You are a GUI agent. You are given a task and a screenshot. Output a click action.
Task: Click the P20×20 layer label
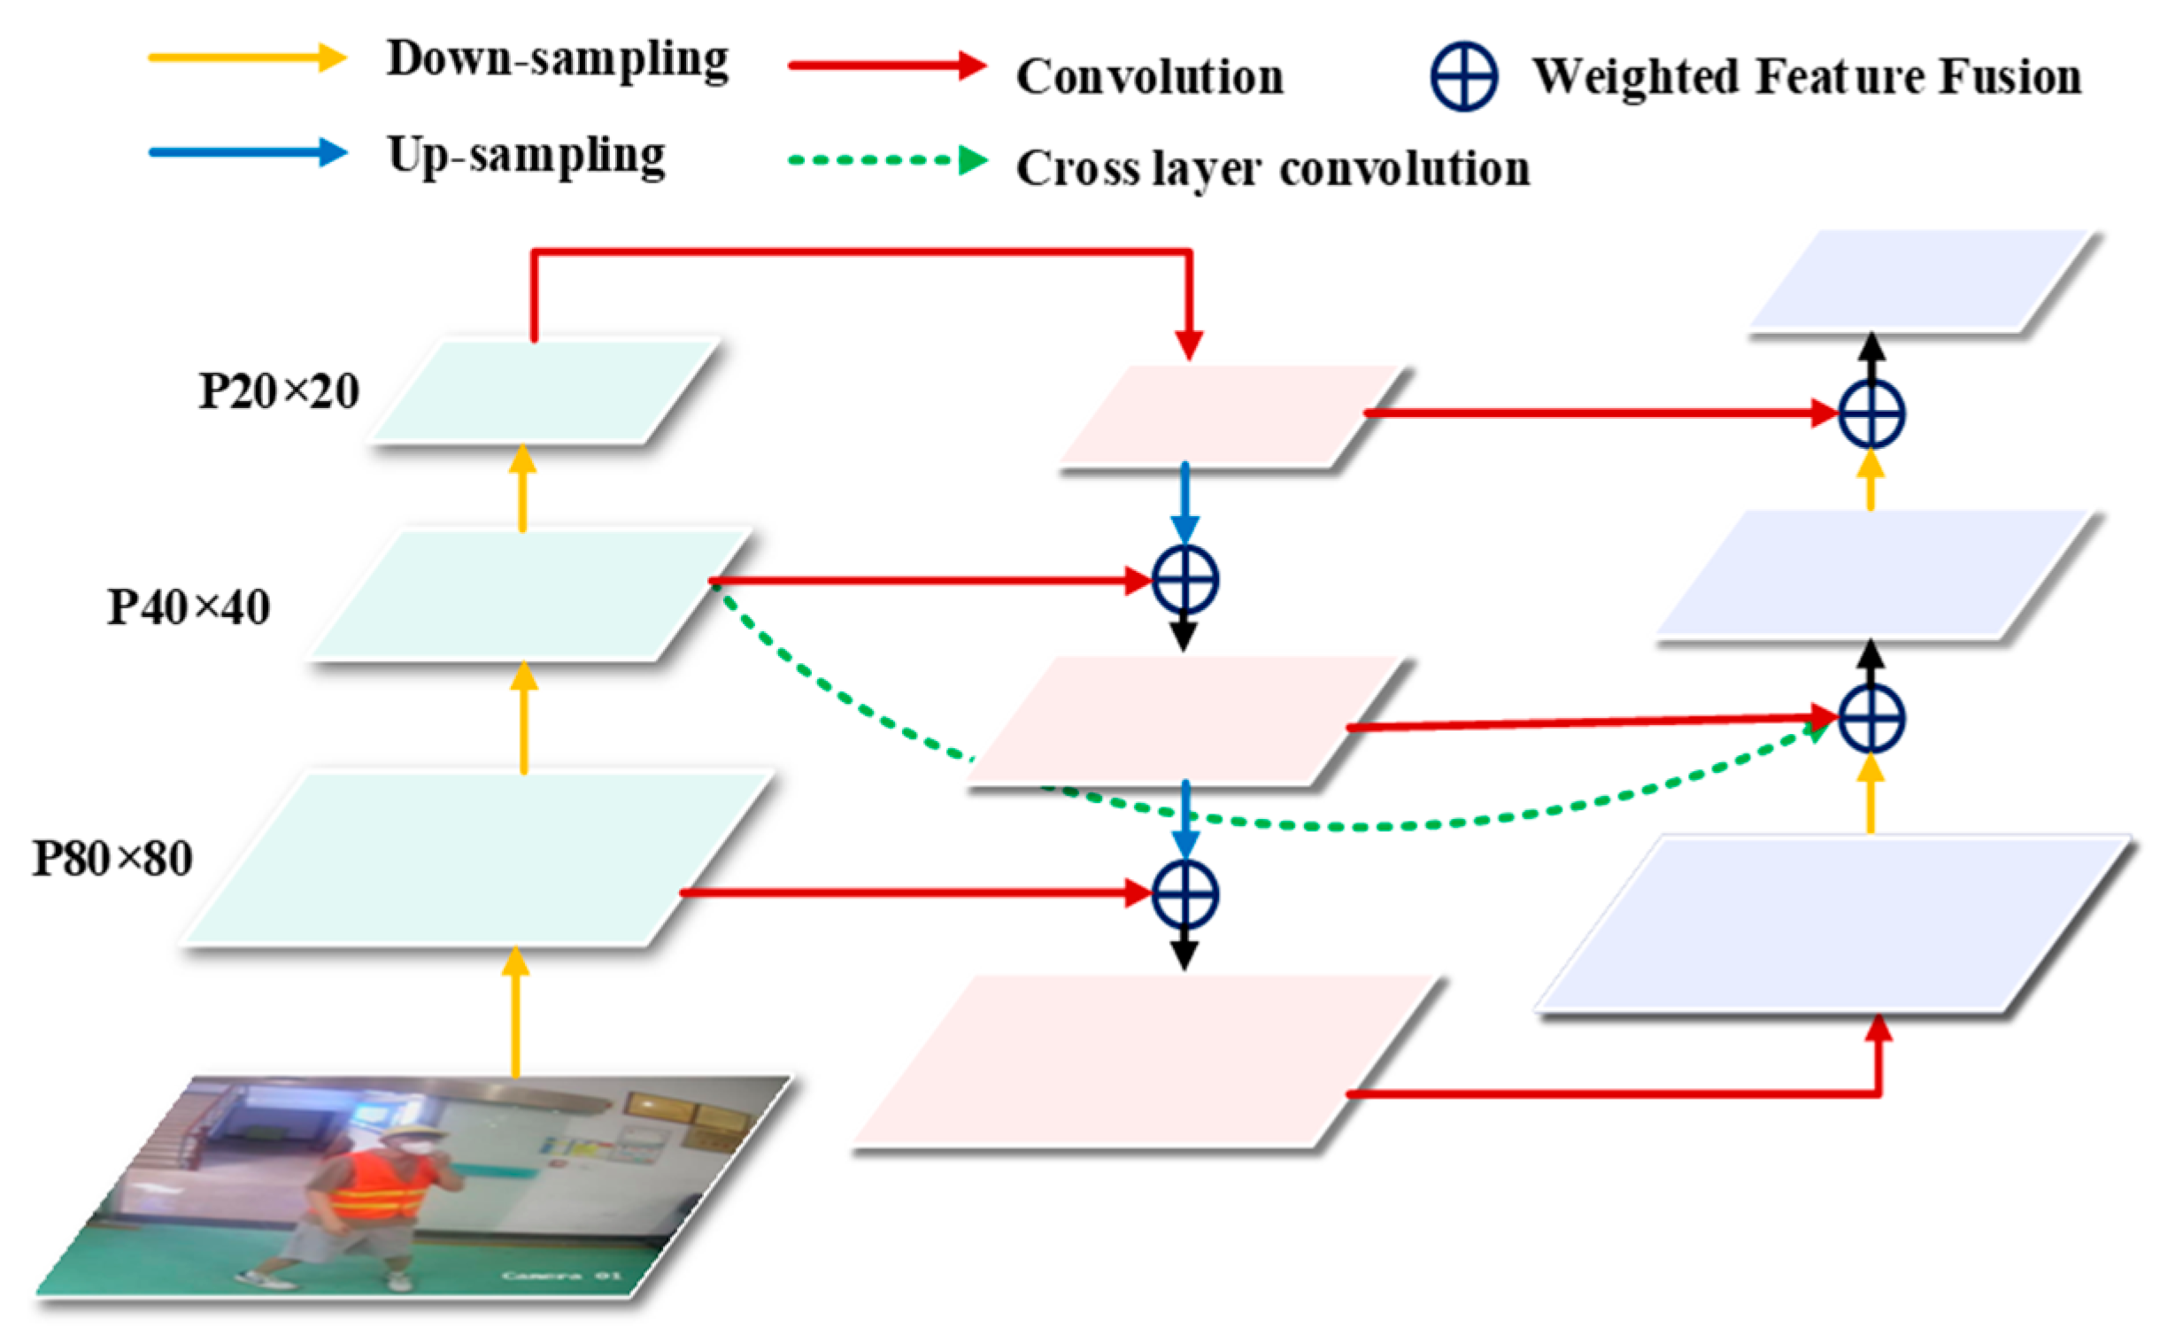pos(279,391)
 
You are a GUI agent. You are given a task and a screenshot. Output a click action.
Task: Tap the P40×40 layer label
pos(189,608)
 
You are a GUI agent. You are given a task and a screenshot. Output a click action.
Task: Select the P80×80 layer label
pos(112,859)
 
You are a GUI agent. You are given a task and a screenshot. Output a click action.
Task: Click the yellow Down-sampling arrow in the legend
pos(247,58)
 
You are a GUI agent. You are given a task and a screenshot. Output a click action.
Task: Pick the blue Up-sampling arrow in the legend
pos(247,152)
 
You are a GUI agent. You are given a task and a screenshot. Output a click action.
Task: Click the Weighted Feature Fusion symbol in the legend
pos(1463,76)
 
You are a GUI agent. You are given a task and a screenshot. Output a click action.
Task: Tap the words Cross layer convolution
pos(1272,168)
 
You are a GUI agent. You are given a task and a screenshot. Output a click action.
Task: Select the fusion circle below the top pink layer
pos(1184,580)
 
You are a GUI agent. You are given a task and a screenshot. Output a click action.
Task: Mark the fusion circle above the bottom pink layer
pos(1184,894)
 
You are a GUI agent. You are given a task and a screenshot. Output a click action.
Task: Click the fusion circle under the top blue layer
pos(1871,413)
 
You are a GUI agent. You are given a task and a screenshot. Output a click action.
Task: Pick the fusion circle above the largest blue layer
pos(1871,718)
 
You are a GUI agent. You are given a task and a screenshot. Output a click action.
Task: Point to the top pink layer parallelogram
pos(1230,415)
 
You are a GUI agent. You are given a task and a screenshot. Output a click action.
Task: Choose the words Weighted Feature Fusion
pos(1807,77)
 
